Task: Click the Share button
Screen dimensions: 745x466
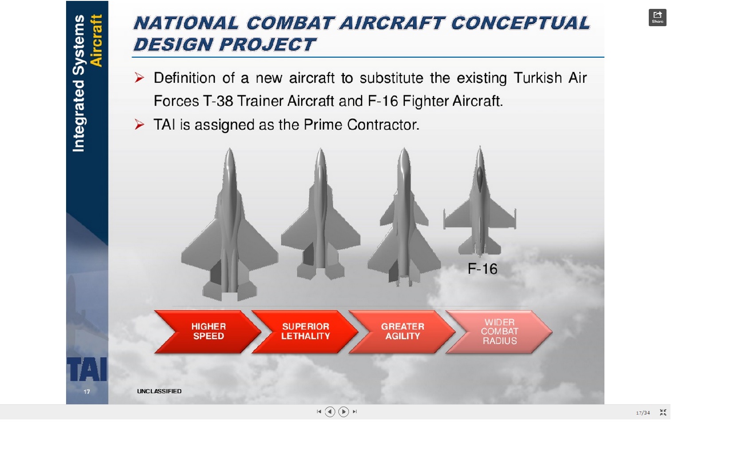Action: (657, 17)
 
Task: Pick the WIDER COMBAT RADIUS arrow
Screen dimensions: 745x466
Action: (499, 332)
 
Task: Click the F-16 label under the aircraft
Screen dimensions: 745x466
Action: (482, 269)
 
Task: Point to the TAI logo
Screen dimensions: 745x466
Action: (87, 369)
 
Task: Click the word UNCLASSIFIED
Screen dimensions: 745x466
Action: (159, 391)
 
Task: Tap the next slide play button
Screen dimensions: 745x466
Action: (344, 412)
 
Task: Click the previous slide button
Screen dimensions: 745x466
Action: (329, 412)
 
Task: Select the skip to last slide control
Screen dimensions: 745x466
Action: (355, 412)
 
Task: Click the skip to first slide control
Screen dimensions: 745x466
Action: (319, 412)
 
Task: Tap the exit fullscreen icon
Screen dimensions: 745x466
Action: (663, 412)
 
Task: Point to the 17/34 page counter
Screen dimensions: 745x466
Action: (643, 413)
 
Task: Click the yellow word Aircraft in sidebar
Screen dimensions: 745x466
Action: (96, 41)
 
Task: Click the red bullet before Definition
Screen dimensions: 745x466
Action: (139, 78)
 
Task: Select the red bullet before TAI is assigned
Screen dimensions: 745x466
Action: (139, 124)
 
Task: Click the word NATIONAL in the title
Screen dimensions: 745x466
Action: (186, 23)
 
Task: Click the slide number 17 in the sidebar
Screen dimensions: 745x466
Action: (87, 392)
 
